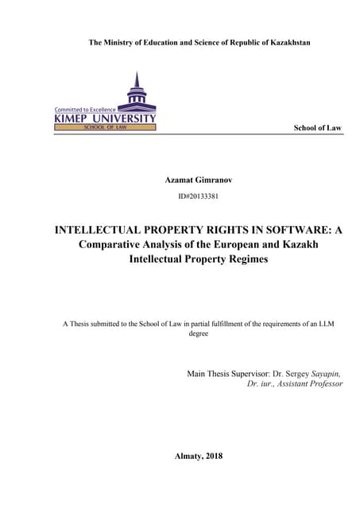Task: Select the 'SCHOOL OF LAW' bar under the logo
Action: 105,127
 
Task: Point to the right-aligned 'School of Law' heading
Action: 318,127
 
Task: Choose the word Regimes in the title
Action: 243,258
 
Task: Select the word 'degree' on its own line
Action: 198,334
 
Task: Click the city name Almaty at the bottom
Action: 186,456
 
